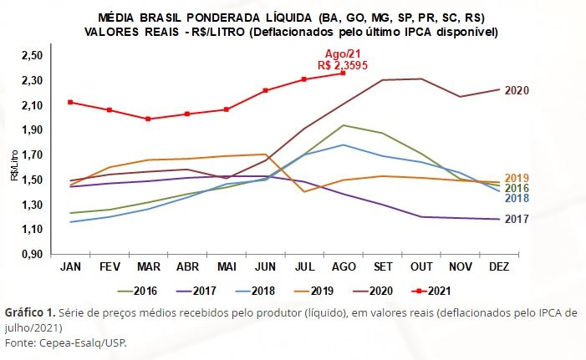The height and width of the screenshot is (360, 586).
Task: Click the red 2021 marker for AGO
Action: coord(342,74)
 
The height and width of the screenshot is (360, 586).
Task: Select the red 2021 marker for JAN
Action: coord(71,102)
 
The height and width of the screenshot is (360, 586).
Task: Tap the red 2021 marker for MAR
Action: coord(148,119)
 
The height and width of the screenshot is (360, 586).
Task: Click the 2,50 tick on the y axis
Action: coord(31,55)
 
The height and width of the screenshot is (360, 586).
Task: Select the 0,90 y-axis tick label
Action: coord(31,254)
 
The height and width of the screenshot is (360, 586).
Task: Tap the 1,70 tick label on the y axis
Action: coord(31,155)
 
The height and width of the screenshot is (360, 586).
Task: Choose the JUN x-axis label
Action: coord(265,266)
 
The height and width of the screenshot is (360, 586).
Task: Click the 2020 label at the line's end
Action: coord(517,90)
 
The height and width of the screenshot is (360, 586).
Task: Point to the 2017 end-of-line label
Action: coord(517,220)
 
